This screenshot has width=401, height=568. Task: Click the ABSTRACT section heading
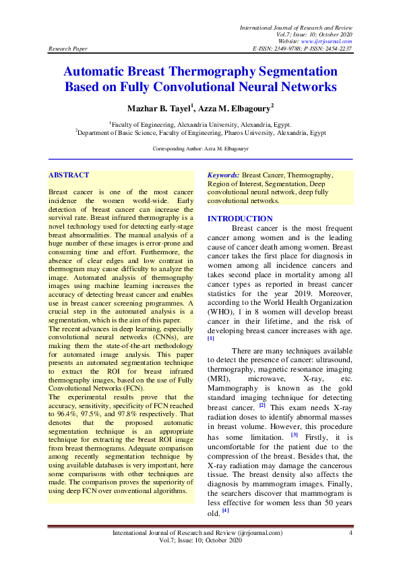click(69, 175)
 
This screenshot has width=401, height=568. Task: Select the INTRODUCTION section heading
click(240, 219)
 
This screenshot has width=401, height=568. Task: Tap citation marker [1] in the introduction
click(211, 338)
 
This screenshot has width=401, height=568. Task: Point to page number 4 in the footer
click(350, 533)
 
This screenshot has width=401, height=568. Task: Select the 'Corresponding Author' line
click(201, 148)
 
